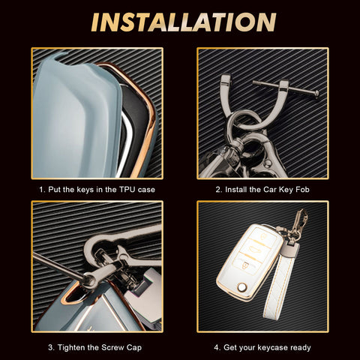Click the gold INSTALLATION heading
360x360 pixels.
(x=184, y=22)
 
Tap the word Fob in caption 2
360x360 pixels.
(x=302, y=190)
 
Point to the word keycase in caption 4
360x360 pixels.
(x=273, y=348)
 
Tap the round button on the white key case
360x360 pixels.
(x=242, y=287)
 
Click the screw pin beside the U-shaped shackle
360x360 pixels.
(x=286, y=88)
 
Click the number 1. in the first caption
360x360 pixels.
(x=42, y=190)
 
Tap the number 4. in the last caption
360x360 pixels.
(x=217, y=348)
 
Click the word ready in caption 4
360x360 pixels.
(x=301, y=348)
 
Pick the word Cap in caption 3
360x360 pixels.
(x=134, y=348)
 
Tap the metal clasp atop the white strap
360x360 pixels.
(x=290, y=249)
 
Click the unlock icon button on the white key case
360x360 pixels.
(x=263, y=236)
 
